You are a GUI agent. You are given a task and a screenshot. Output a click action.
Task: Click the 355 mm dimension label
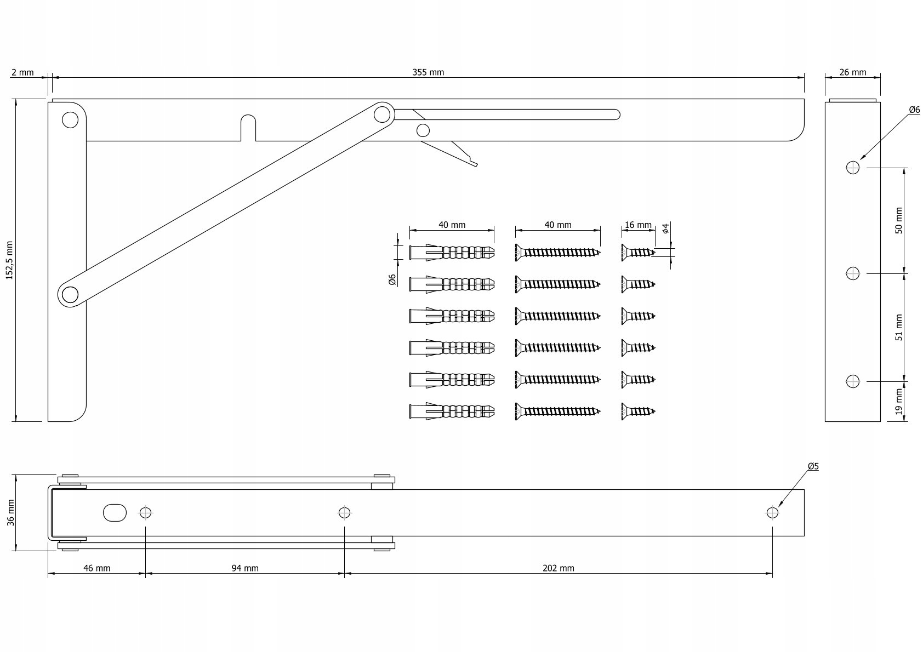tap(428, 72)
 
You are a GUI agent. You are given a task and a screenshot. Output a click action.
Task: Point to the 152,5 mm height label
tap(9, 260)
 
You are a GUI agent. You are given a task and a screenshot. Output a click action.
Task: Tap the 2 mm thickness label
tap(22, 72)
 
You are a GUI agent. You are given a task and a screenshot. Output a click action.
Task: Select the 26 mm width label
tap(852, 72)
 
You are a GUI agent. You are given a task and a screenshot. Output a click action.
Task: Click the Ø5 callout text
tap(813, 466)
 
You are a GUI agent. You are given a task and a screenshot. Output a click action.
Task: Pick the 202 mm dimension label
tap(559, 568)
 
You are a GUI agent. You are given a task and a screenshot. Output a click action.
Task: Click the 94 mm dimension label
tap(245, 568)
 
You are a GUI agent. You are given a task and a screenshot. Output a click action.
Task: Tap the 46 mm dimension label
tap(97, 568)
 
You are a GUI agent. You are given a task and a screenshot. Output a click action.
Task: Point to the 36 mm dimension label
tap(11, 513)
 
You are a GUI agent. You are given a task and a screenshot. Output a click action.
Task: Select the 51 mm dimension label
tap(899, 328)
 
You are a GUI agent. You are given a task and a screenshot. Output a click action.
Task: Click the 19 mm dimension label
tap(899, 402)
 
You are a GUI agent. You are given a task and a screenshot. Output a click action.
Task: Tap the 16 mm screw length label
tap(639, 225)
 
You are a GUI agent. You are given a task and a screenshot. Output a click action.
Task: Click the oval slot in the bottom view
tap(115, 513)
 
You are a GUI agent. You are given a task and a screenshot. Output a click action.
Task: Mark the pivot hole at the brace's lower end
tap(70, 295)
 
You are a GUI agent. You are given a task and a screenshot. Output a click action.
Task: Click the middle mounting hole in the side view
tap(852, 273)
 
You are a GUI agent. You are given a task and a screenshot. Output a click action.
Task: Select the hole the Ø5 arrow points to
tap(772, 513)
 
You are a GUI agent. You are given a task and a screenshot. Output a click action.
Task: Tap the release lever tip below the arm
tap(476, 165)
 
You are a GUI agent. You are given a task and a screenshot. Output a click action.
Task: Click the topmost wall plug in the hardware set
tap(452, 252)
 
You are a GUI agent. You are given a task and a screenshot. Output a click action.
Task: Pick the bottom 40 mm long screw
tap(558, 411)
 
